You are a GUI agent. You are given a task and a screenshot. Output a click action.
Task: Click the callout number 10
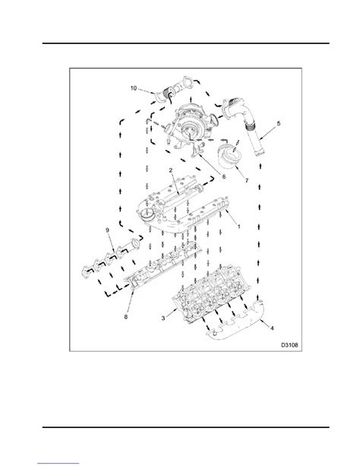(134, 88)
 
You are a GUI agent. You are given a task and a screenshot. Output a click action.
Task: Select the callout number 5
(278, 122)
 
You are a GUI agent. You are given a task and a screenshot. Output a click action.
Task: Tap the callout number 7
(246, 180)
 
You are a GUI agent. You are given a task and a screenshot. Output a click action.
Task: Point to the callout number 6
(223, 176)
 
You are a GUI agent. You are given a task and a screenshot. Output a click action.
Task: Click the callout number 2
(170, 170)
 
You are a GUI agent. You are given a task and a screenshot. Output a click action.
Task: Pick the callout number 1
(238, 227)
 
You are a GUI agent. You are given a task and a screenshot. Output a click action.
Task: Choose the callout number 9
(108, 230)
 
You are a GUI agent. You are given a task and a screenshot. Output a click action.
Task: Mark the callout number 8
(125, 317)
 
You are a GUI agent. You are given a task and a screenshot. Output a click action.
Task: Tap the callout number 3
(163, 319)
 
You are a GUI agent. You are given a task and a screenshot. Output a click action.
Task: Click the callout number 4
(272, 328)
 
